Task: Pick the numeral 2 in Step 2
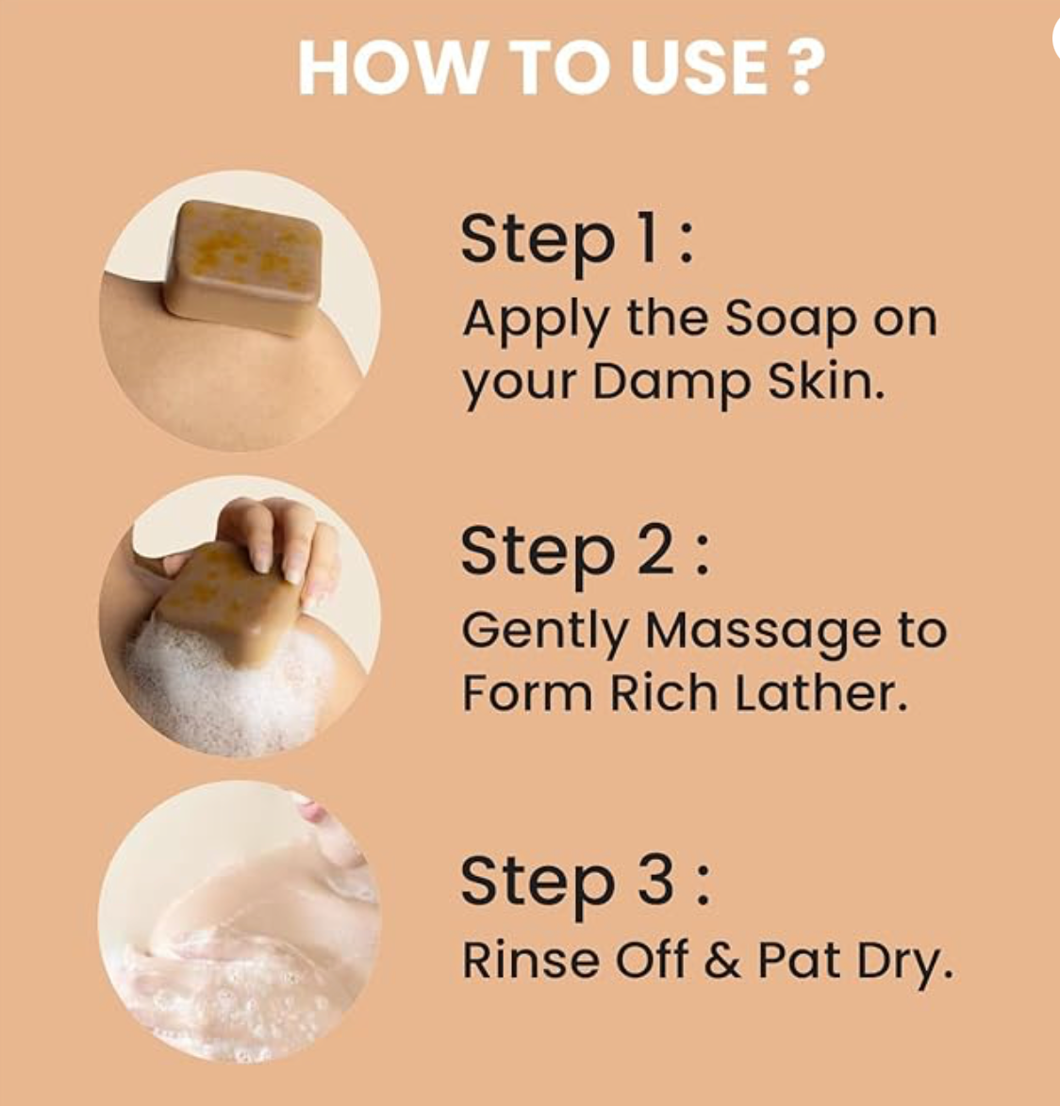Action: pos(656,550)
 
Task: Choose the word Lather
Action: pos(820,692)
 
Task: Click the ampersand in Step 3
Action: pos(721,961)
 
